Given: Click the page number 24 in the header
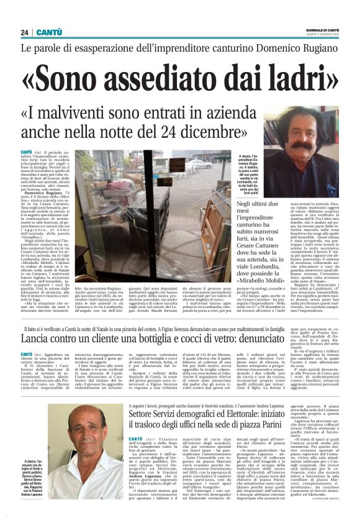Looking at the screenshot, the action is [24, 32].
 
